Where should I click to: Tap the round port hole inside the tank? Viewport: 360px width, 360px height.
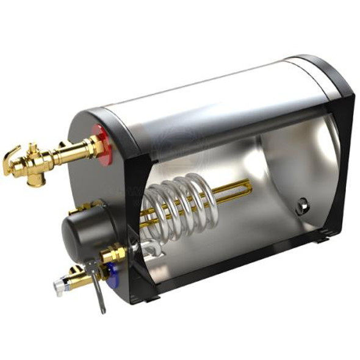click(x=303, y=206)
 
